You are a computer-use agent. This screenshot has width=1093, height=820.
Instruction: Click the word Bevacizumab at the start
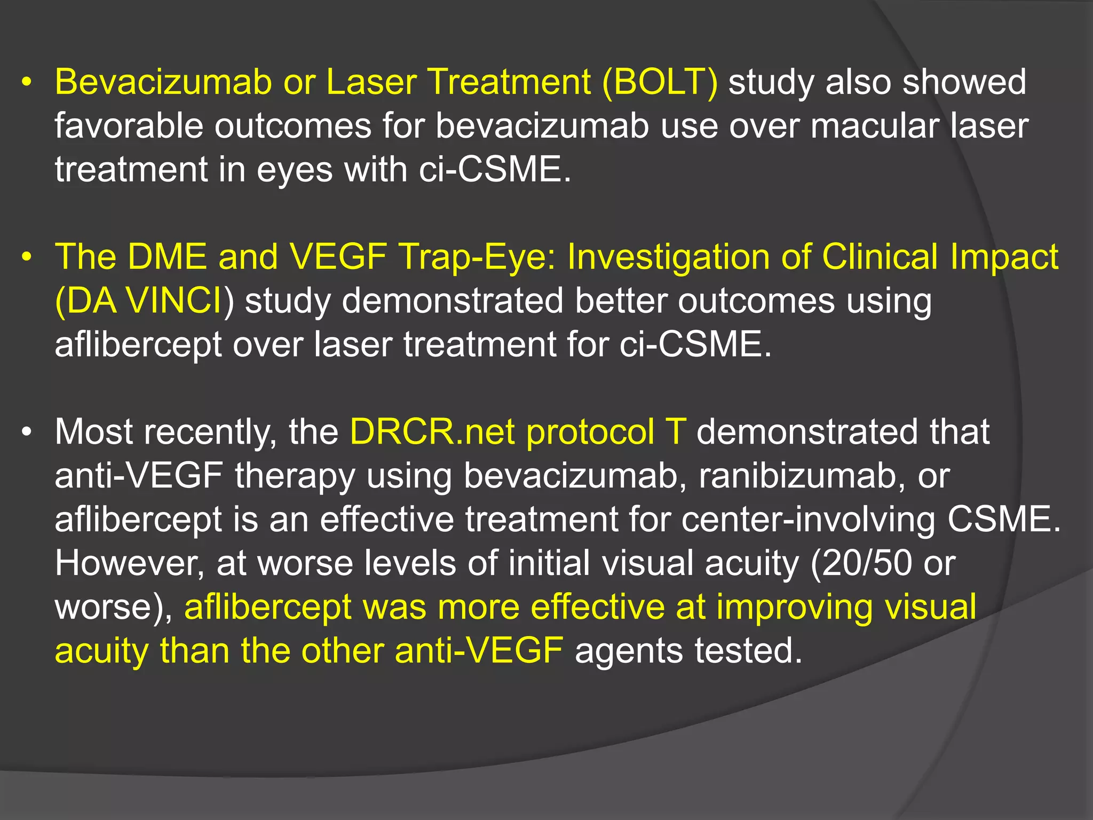163,83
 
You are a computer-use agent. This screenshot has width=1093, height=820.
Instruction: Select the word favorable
129,127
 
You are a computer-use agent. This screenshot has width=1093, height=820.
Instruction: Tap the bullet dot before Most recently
27,433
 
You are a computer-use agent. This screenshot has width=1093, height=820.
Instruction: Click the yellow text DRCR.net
432,432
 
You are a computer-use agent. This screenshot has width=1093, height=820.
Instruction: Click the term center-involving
808,519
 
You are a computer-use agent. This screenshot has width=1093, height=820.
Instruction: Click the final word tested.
748,651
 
